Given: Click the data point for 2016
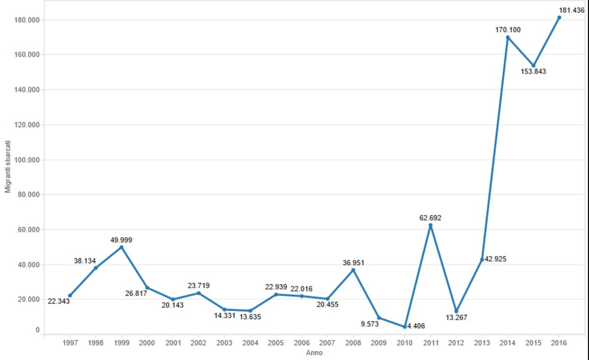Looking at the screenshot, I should [559, 18].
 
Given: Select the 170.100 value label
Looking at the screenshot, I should [508, 30].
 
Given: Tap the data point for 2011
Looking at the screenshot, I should [430, 225].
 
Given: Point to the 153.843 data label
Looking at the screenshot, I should [533, 71].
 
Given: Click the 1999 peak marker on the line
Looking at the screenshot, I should [122, 247].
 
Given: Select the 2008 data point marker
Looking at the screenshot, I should [353, 270].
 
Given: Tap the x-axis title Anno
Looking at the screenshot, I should [314, 353].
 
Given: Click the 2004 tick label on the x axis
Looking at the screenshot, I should [250, 343].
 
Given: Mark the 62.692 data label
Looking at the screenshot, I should [430, 218].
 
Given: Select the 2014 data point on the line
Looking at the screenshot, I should [508, 37].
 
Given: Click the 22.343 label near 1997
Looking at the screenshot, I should [58, 301].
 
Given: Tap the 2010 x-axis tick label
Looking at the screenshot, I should [404, 343].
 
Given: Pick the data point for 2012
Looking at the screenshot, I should [456, 311].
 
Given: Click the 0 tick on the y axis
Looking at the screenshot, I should [37, 331].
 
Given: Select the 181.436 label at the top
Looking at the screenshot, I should [571, 10].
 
